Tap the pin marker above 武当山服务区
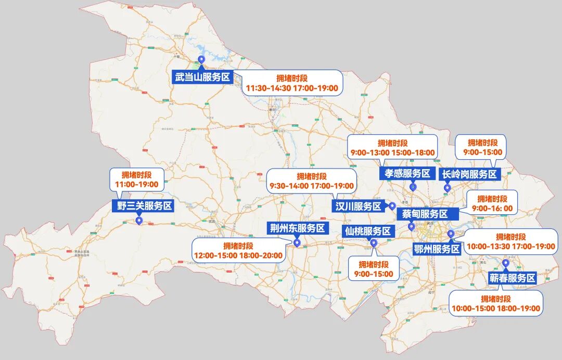201,61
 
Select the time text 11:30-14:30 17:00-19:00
292,88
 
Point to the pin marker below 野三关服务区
139,221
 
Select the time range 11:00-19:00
137,184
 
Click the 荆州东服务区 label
297,228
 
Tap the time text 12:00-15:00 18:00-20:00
238,255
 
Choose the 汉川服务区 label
358,207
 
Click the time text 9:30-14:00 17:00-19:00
312,186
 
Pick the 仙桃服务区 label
367,231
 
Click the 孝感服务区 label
407,174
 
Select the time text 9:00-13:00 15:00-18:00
393,152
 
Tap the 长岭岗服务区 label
469,174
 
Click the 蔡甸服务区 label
425,214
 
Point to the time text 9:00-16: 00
492,209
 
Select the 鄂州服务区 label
437,249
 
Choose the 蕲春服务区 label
512,278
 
